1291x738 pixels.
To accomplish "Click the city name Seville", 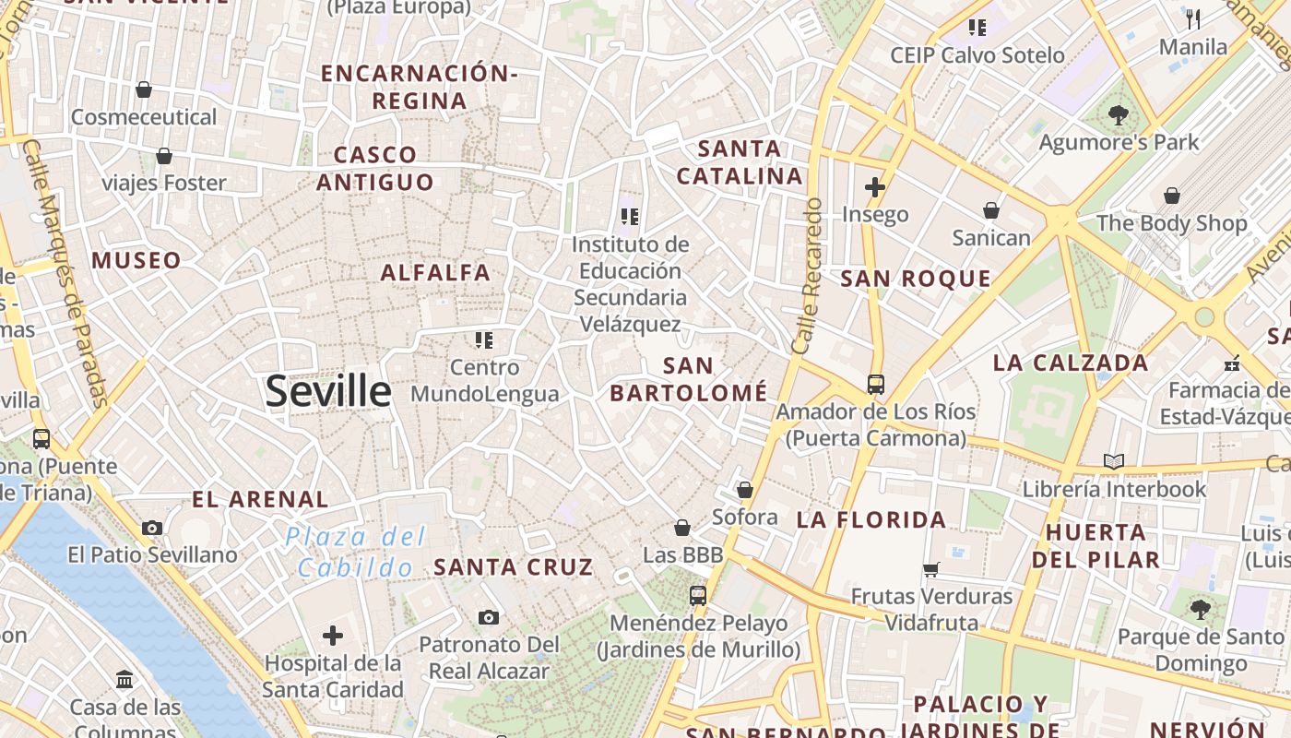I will point(328,391).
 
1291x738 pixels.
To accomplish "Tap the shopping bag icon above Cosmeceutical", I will point(144,89).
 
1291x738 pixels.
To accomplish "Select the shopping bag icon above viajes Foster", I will point(164,156).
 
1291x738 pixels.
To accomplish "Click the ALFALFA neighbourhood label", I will point(435,272).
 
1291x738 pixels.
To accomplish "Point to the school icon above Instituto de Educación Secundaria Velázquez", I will point(630,217).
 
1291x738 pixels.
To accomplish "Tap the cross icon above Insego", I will point(875,188).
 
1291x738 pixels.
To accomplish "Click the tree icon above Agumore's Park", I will point(1119,115).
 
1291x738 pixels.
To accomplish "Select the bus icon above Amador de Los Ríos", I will point(876,385).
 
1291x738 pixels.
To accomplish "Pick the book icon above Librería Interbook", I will point(1114,461).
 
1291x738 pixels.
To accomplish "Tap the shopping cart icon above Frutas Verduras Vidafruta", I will point(931,569).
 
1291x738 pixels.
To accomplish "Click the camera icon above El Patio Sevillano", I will point(152,529).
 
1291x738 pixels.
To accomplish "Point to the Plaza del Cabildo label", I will point(355,551).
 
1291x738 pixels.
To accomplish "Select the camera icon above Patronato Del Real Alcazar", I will point(489,617).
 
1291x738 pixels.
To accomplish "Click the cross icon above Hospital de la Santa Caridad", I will point(333,636).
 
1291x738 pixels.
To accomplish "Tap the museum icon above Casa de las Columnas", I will point(124,681).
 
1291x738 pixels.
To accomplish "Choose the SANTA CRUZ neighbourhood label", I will point(514,566).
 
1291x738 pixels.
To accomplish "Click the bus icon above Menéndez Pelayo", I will point(698,596).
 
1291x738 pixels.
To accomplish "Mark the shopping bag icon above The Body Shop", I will point(1172,196).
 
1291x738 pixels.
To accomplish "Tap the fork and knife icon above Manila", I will point(1193,18).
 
